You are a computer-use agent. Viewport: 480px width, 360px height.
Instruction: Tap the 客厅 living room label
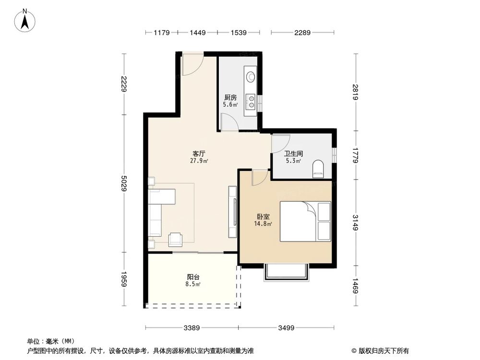(199, 154)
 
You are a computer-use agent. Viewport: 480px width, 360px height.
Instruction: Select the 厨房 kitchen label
(230, 97)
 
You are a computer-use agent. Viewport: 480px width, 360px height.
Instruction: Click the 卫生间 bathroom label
(293, 154)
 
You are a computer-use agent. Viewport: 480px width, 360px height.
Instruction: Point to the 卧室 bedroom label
(263, 216)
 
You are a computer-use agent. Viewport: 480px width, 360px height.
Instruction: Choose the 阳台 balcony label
(193, 277)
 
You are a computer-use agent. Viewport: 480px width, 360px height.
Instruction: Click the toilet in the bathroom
(318, 169)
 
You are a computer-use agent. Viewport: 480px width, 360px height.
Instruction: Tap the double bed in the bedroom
(305, 221)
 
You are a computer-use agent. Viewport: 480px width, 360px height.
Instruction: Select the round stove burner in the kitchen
(251, 76)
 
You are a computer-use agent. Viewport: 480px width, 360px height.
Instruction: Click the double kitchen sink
(251, 100)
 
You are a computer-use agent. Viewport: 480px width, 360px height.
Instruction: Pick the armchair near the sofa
(175, 239)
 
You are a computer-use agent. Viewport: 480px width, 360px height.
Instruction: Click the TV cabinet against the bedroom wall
(233, 211)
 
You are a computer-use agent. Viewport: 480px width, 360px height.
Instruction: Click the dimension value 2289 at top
(302, 33)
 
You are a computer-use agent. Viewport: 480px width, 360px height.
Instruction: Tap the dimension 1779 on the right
(356, 155)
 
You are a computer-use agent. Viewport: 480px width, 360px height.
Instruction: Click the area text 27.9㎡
(199, 161)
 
